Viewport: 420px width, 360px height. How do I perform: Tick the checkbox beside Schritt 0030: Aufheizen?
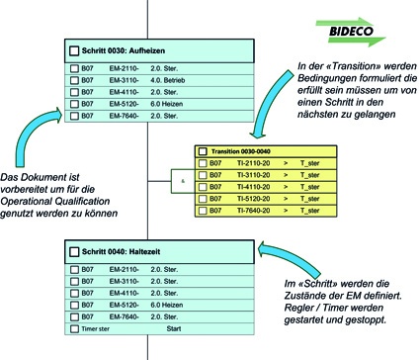pyautogui.click(x=72, y=50)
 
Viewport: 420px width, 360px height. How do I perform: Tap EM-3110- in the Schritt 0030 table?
pyautogui.click(x=125, y=79)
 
